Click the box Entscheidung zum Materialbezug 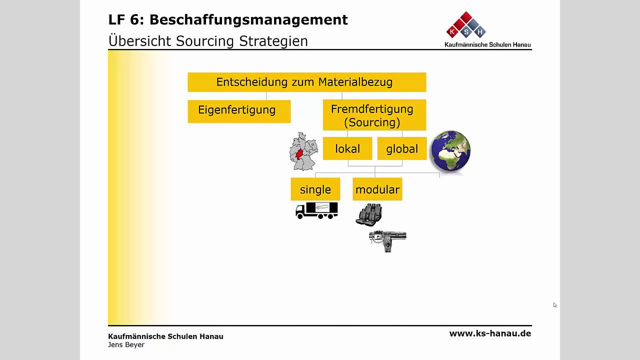306,82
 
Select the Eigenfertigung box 239,111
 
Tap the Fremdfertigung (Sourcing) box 374,115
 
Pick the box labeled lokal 347,148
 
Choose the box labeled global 402,148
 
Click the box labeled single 315,189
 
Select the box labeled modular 377,189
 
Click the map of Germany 303,151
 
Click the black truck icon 316,210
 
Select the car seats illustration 369,215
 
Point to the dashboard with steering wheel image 387,240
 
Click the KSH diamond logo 466,25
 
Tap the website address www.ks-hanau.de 490,333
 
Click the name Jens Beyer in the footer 126,344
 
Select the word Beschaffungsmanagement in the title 248,20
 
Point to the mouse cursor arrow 554,304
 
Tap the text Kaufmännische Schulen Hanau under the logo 487,44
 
